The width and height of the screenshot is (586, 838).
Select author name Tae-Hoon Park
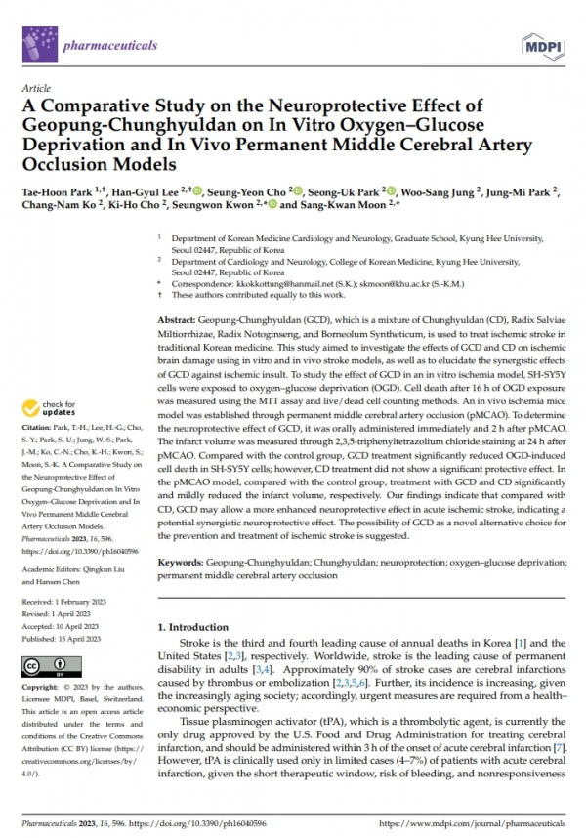tap(75, 195)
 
